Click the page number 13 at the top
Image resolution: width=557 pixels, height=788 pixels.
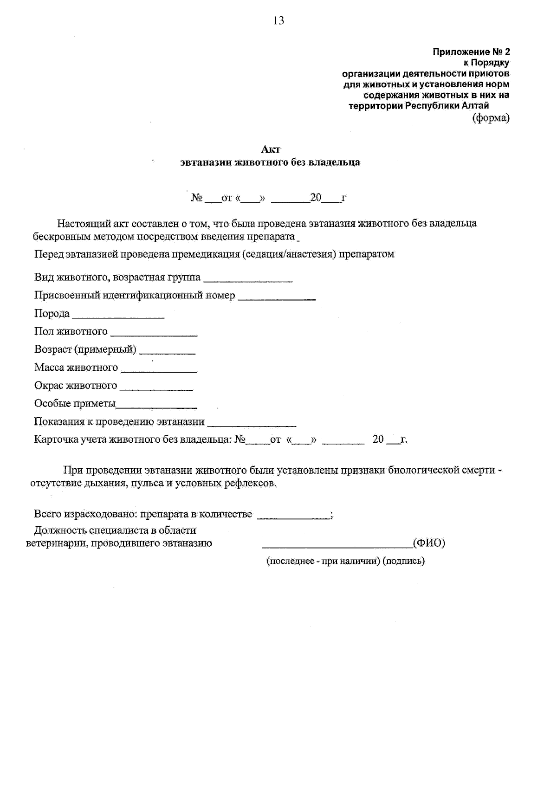tap(278, 20)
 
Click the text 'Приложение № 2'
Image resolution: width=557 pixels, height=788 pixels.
tap(471, 52)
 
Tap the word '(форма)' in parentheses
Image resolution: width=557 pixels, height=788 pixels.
tap(491, 118)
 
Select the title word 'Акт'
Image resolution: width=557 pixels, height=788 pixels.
tap(271, 149)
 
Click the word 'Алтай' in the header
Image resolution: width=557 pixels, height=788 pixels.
tap(475, 106)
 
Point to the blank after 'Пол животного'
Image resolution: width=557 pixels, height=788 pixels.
tap(154, 335)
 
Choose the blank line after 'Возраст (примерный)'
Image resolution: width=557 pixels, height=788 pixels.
tap(167, 353)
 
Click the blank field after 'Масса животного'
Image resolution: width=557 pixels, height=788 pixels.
tap(158, 371)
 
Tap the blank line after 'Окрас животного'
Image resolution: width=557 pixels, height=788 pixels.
tap(156, 389)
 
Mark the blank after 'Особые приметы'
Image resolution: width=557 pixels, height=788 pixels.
tap(156, 407)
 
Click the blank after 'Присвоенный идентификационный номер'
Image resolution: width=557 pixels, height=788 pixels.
tap(277, 299)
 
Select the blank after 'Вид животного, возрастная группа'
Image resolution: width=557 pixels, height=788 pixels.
tap(248, 281)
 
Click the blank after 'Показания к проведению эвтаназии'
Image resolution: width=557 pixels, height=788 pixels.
tap(252, 425)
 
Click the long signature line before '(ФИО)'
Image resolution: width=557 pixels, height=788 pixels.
tap(337, 546)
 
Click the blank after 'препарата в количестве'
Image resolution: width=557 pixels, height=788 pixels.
tap(293, 517)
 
